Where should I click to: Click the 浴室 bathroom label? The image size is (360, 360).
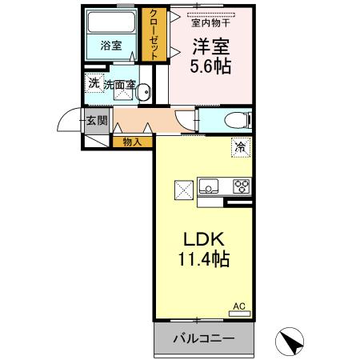111,46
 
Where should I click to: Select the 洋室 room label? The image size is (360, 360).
210,45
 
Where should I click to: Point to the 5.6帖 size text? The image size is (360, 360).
210,67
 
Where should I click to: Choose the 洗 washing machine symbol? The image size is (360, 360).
94,82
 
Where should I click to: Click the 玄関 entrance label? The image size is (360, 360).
96,121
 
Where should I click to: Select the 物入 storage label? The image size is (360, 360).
132,142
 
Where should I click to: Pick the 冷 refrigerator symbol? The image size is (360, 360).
241,147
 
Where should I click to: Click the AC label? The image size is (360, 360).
238,306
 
